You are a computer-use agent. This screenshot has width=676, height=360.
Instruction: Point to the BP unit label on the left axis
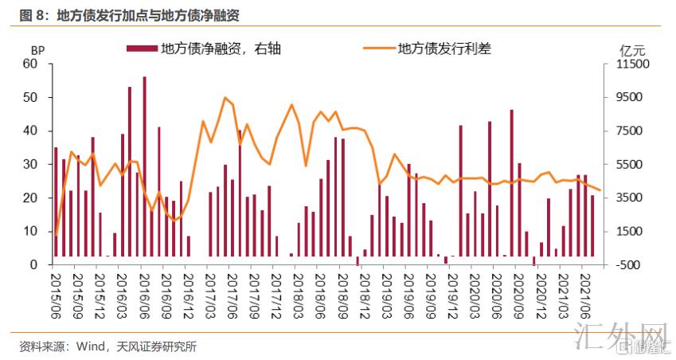(x=37, y=50)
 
